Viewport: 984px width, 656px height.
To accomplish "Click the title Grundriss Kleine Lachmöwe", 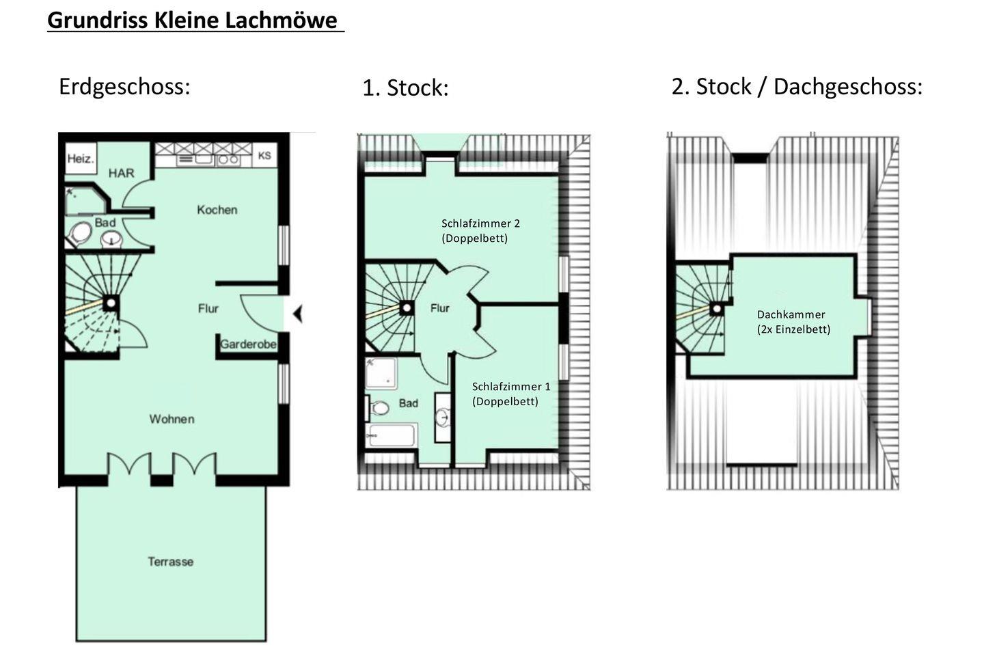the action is (x=193, y=20).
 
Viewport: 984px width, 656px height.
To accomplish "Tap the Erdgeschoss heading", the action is (x=125, y=87).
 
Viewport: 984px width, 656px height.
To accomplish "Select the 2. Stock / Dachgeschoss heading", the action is (x=797, y=87).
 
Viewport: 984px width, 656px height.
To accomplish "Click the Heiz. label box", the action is (x=81, y=159).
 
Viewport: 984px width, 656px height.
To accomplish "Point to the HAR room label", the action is (x=121, y=173).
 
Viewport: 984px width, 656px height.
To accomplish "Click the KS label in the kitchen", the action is (x=264, y=156).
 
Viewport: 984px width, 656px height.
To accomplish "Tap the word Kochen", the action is (x=217, y=210).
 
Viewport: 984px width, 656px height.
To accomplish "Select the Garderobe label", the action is (x=248, y=344).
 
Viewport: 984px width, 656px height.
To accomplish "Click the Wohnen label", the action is (x=172, y=419).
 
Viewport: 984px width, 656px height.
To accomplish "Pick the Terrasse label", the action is (x=170, y=562).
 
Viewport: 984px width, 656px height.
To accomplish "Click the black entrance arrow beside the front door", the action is (x=298, y=314).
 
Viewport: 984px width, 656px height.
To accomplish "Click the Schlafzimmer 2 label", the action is (x=480, y=223).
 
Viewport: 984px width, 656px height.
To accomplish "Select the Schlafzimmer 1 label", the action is (x=511, y=387).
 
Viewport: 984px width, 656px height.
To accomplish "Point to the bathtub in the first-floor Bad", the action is (x=392, y=435).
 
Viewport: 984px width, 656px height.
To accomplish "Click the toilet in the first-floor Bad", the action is (x=379, y=408).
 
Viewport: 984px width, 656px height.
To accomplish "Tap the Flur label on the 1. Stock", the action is (x=440, y=308).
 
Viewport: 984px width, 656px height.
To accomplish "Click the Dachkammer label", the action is (x=791, y=314).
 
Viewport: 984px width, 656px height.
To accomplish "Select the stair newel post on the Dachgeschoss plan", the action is (x=717, y=309).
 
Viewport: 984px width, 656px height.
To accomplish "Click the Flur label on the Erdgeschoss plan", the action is (x=208, y=308).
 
